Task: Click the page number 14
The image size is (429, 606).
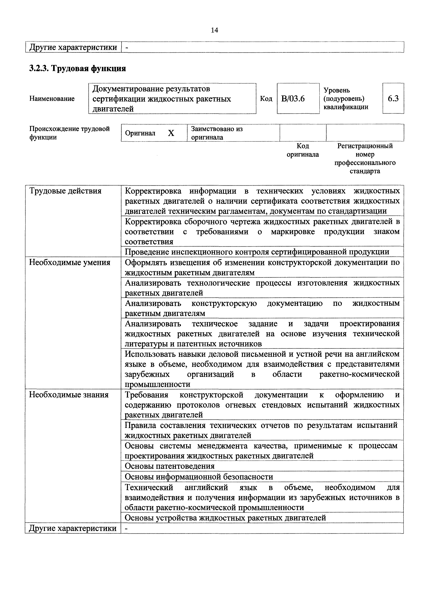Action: pyautogui.click(x=214, y=30)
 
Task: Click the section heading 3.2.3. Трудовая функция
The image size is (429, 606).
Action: pyautogui.click(x=77, y=68)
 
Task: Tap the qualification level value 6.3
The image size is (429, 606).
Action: pyautogui.click(x=393, y=98)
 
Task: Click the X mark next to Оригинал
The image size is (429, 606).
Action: pyautogui.click(x=171, y=133)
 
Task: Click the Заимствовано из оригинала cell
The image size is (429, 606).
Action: pyautogui.click(x=217, y=133)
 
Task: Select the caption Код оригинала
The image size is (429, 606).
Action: pyautogui.click(x=303, y=150)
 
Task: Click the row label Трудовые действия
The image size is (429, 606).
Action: pyautogui.click(x=65, y=191)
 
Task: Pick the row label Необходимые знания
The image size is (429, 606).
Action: pyautogui.click(x=69, y=395)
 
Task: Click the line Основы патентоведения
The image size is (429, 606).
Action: pyautogui.click(x=170, y=466)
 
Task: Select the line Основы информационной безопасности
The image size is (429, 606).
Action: pyautogui.click(x=199, y=477)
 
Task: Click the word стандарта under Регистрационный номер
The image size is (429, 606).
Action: pyautogui.click(x=365, y=171)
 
